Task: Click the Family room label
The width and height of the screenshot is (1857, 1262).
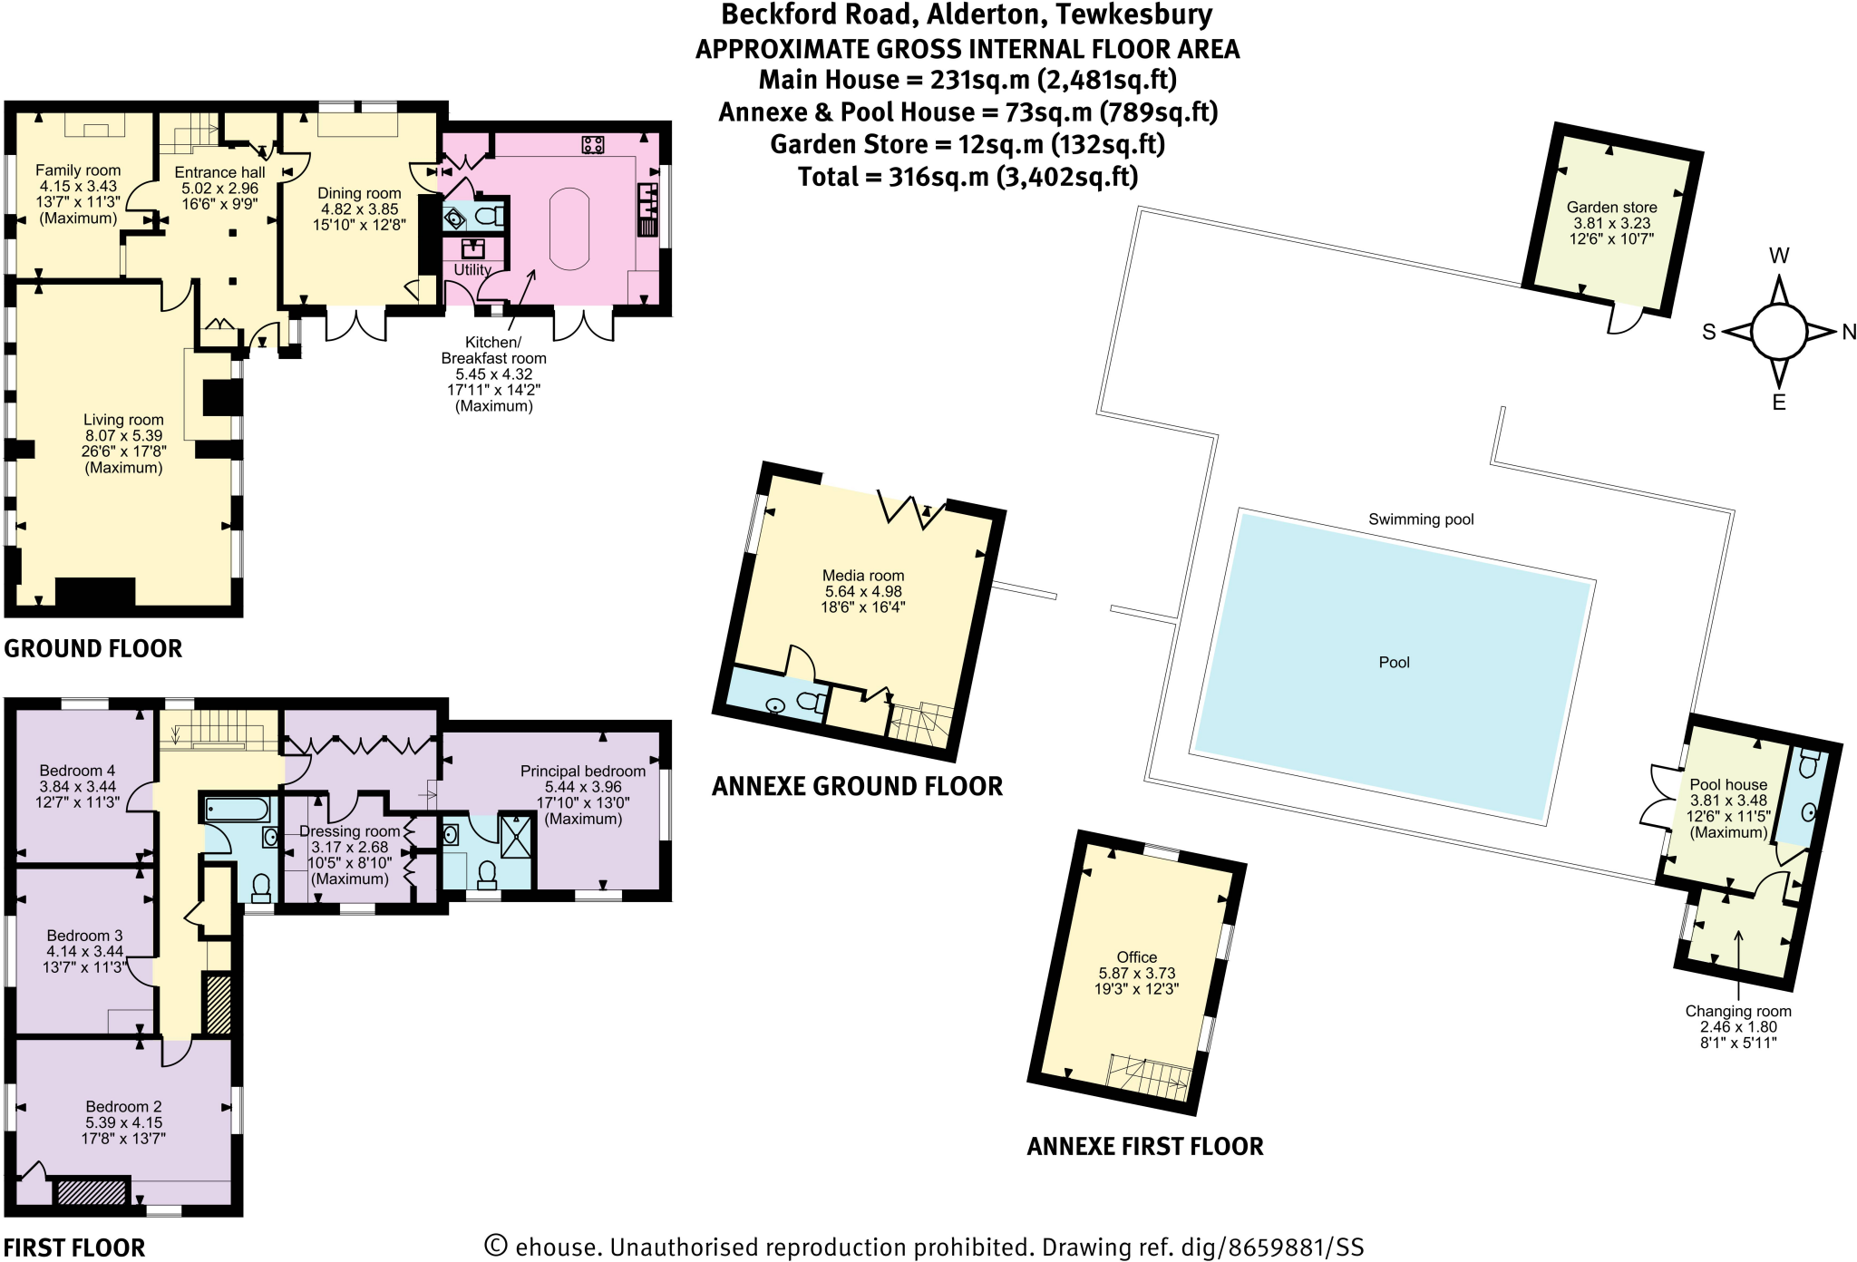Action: [78, 170]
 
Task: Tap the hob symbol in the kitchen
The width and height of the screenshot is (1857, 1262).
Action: [593, 144]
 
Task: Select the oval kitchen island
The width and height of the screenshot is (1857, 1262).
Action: [569, 228]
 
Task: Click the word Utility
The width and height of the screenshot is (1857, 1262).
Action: [472, 269]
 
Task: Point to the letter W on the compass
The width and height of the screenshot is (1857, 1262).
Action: [1779, 256]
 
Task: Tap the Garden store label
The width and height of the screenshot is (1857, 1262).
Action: [1611, 208]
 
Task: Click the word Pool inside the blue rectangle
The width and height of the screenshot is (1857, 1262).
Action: [1394, 663]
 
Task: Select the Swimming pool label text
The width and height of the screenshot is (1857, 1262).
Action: [1421, 519]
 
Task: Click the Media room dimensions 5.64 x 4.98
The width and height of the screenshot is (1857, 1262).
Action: [863, 591]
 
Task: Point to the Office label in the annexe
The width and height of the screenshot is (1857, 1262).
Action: [1136, 957]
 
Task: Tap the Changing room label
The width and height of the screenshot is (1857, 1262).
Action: [1737, 1011]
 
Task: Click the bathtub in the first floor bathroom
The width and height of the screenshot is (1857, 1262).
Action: [237, 809]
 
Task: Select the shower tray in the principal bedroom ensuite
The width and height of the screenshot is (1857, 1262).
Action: [517, 836]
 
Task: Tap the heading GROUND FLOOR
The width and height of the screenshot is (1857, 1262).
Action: [93, 649]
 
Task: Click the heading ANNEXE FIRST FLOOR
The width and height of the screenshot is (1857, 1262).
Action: [1144, 1147]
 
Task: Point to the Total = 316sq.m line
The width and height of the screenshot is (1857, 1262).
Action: [967, 176]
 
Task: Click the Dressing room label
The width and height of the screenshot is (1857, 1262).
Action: [350, 831]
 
